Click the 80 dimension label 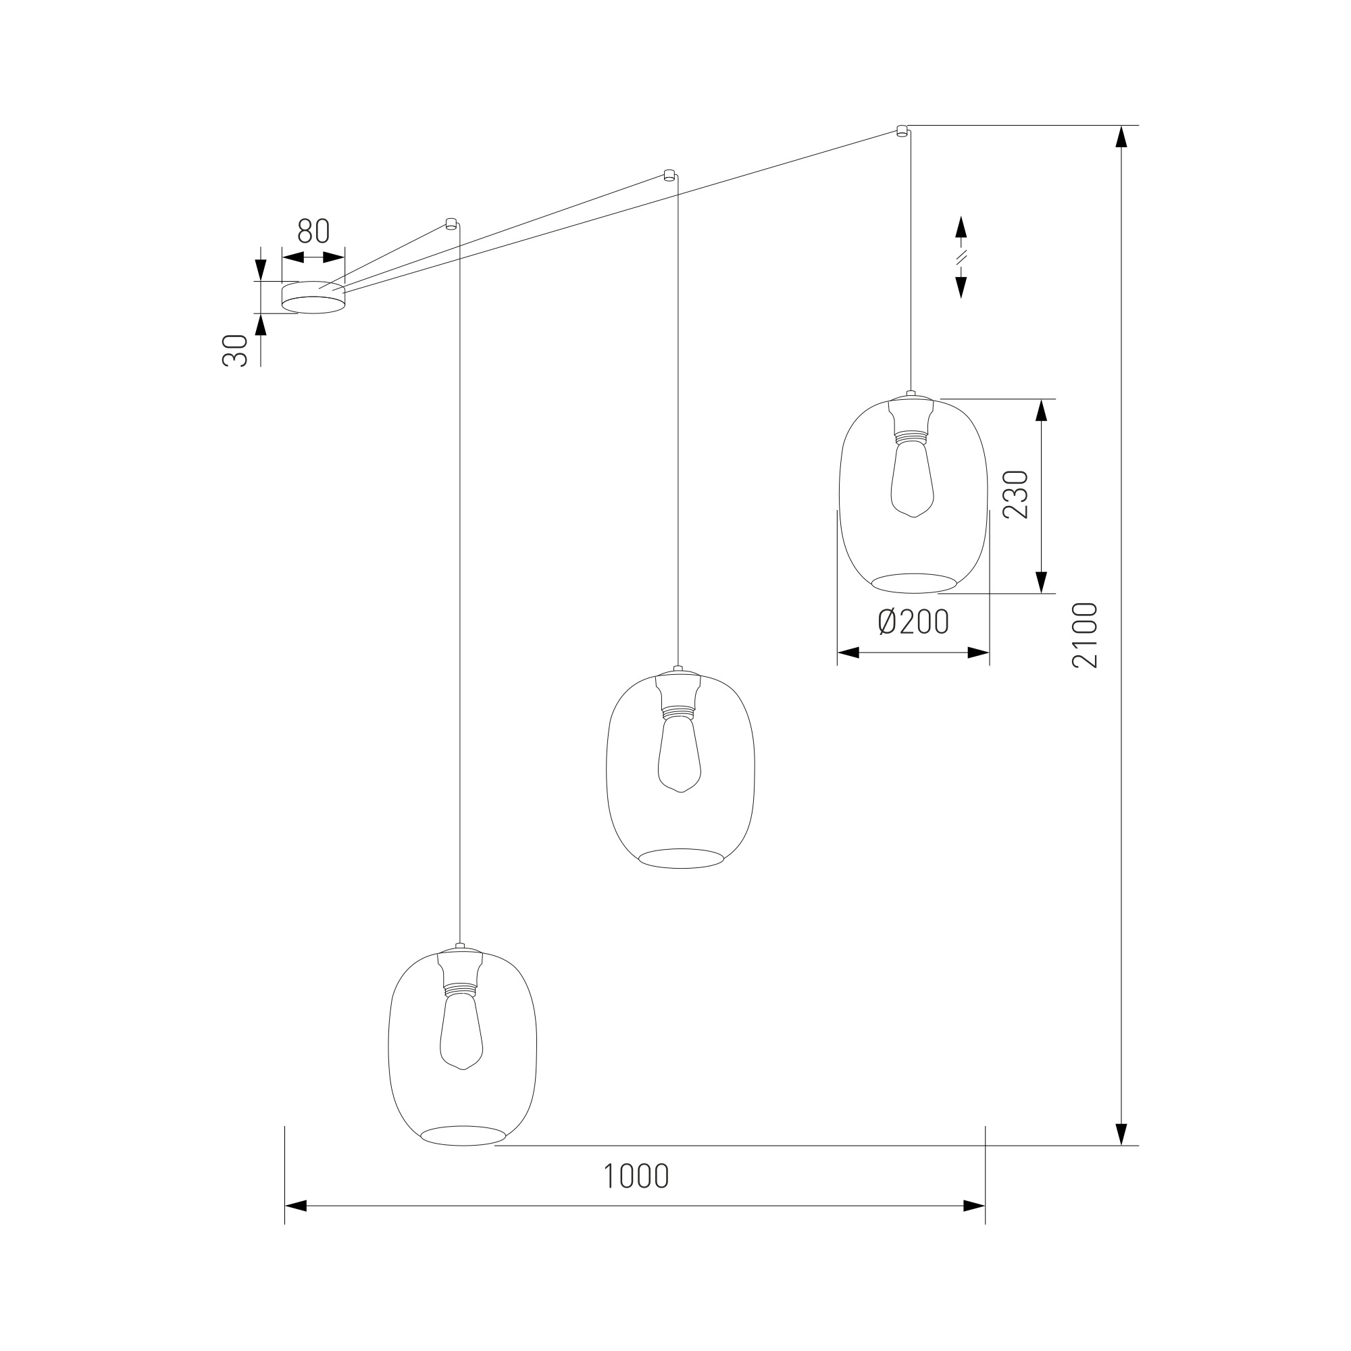point(313,230)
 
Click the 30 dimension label point(236,351)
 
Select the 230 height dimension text point(1015,494)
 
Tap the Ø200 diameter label point(913,621)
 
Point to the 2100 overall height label point(1085,635)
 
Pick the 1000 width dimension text point(636,1175)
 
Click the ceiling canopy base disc point(313,298)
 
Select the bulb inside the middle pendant point(680,754)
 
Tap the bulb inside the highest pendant point(913,479)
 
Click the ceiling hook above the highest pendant point(902,131)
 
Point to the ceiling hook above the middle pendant point(669,175)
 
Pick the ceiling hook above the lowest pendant point(451,224)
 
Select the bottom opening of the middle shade point(681,858)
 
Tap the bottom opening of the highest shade point(914,582)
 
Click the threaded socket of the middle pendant point(678,711)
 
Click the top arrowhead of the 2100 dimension point(1121,136)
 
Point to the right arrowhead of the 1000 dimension point(974,1206)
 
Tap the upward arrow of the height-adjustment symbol point(961,226)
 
